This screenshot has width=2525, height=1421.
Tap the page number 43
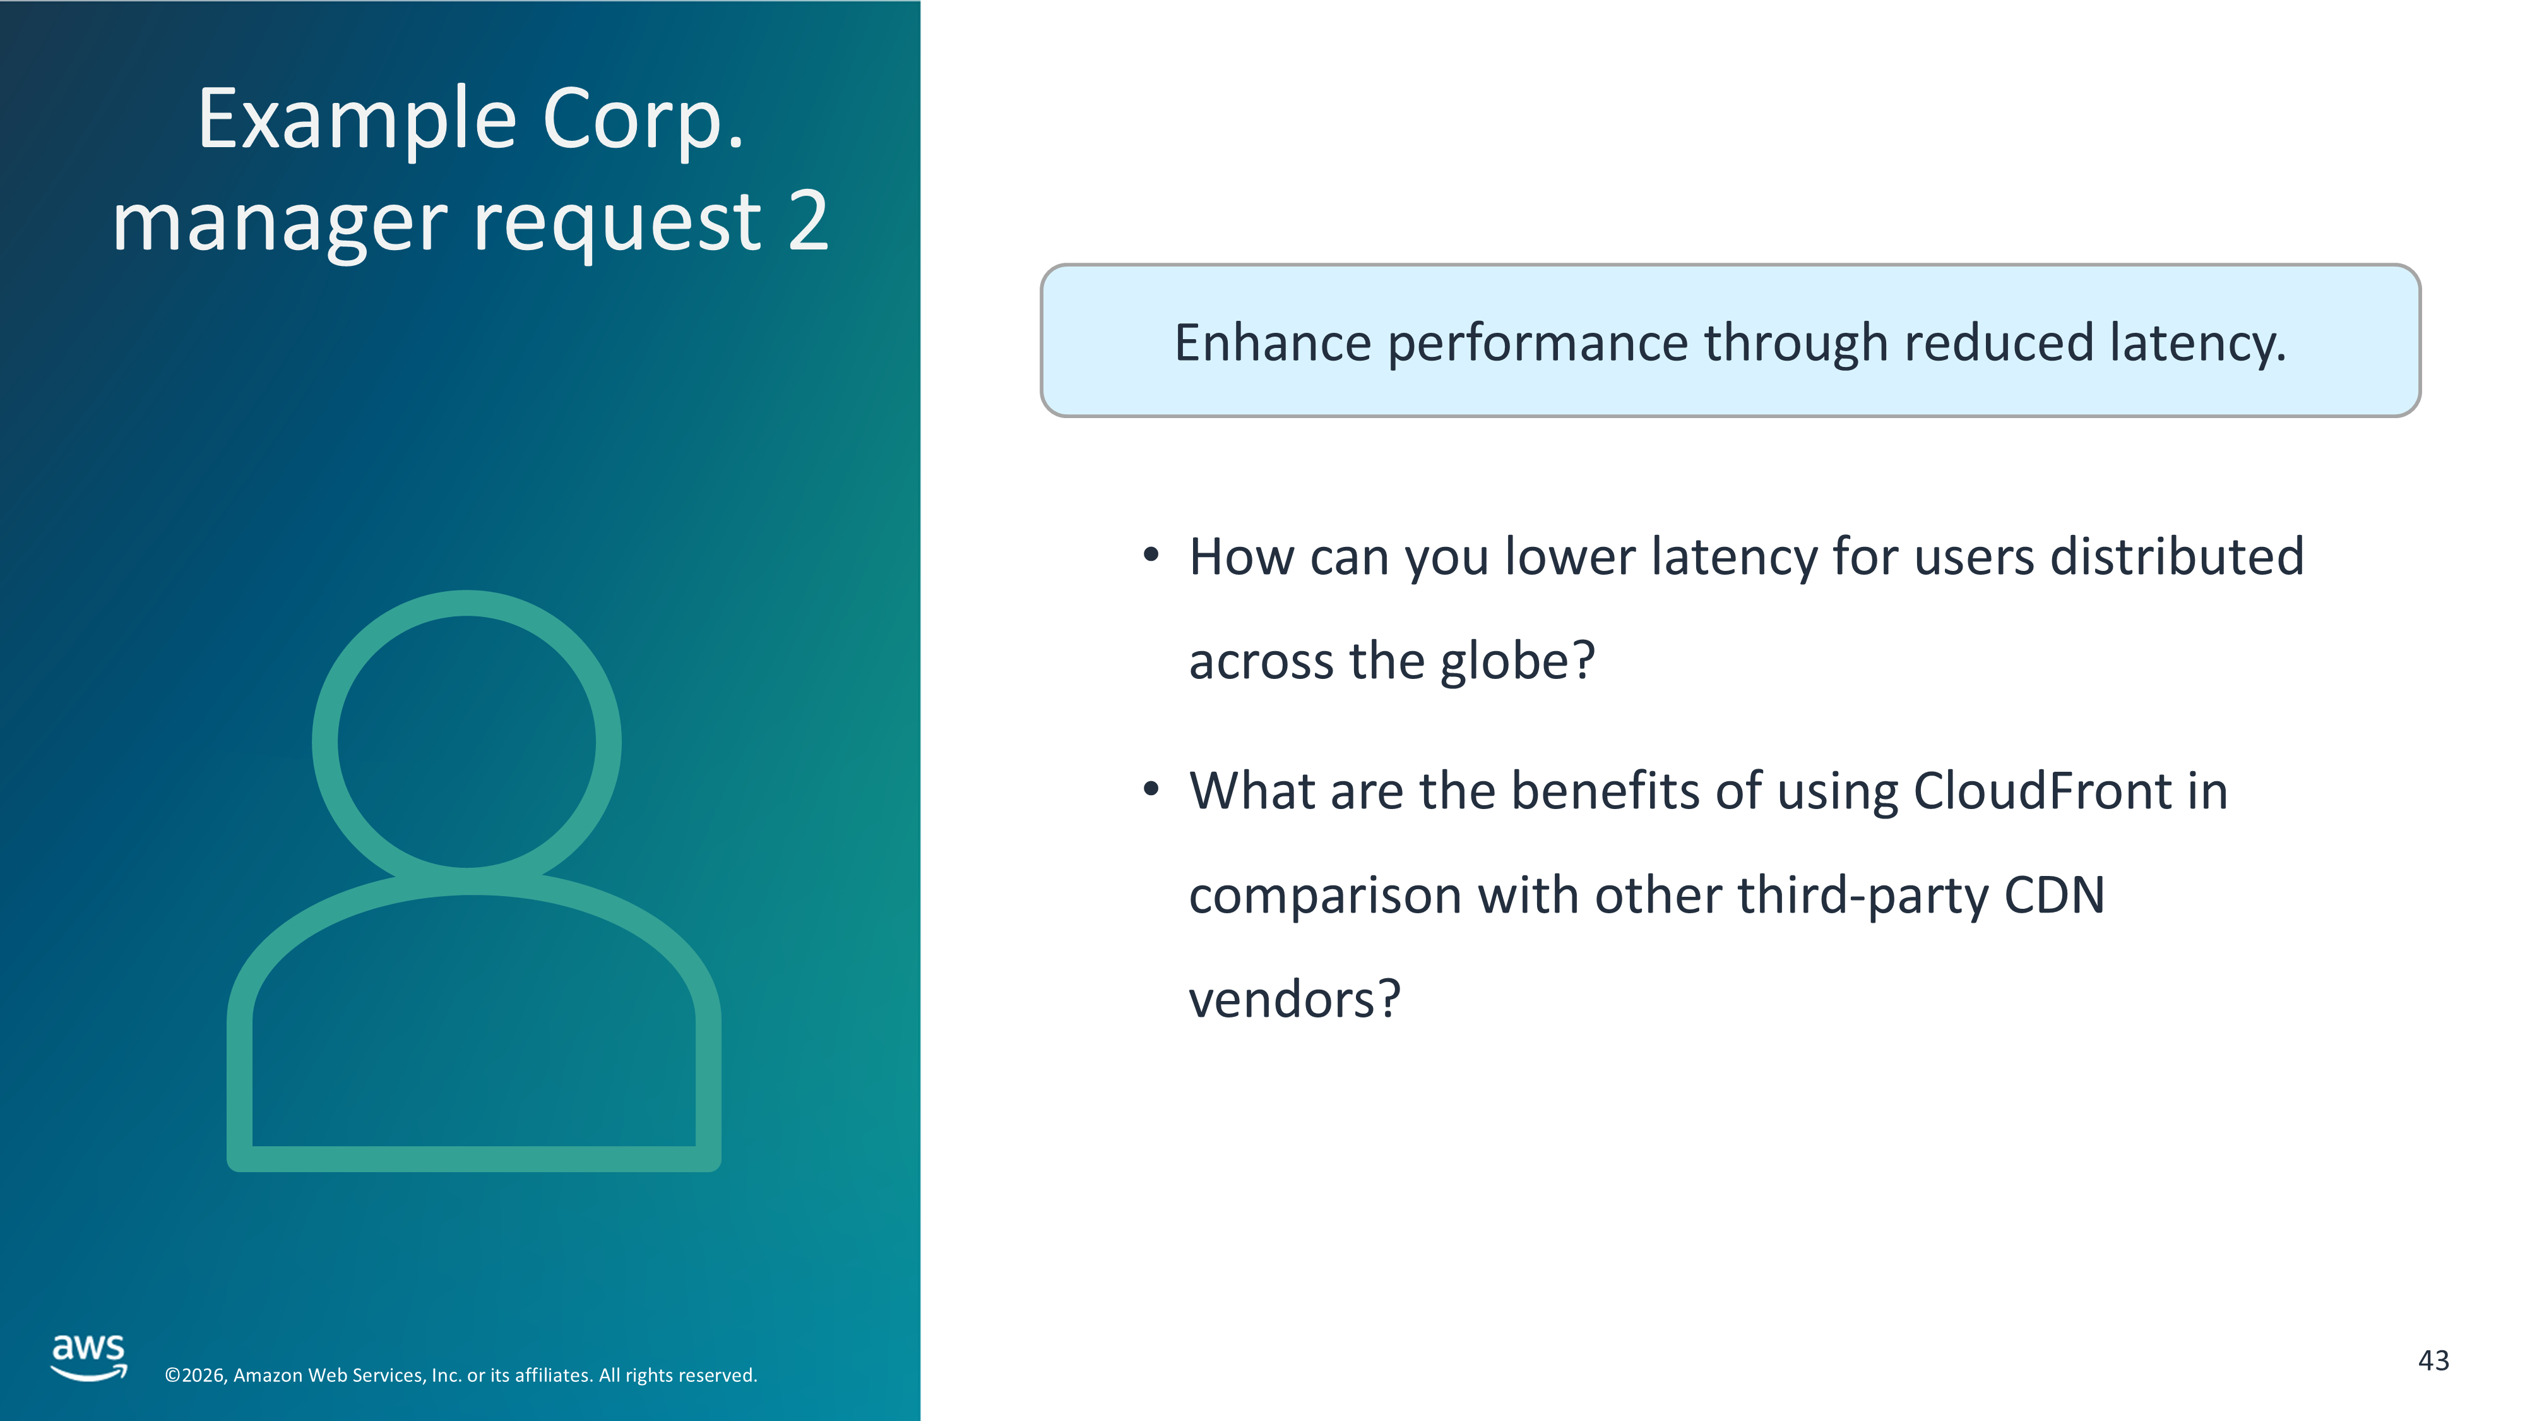tap(2434, 1360)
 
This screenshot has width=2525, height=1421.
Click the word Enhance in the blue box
tap(1273, 342)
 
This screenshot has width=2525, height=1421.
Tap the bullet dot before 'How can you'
tap(1152, 556)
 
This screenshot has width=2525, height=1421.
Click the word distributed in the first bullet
tap(2177, 556)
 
